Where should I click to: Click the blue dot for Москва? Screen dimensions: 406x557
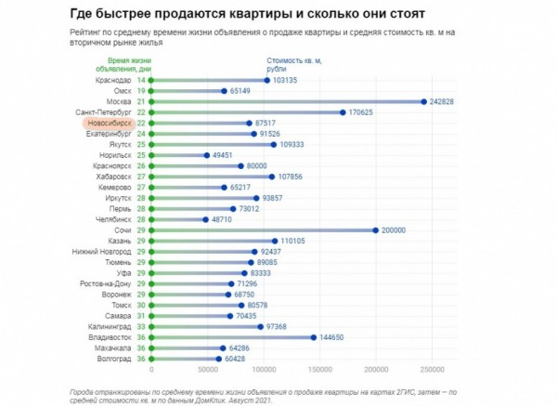coord(423,101)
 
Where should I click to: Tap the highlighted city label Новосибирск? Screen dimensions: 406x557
coord(108,123)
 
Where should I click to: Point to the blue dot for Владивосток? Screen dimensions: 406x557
coord(314,337)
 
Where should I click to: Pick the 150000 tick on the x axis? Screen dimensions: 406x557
coord(319,369)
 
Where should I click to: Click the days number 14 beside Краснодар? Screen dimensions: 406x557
coord(141,81)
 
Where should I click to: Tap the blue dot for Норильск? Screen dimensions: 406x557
coord(206,155)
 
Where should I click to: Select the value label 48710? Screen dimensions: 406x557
coord(226,219)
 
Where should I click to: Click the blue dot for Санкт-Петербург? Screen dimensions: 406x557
coord(343,112)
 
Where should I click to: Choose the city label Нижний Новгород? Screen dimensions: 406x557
coord(102,252)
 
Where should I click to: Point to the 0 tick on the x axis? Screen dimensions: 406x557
coord(150,369)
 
